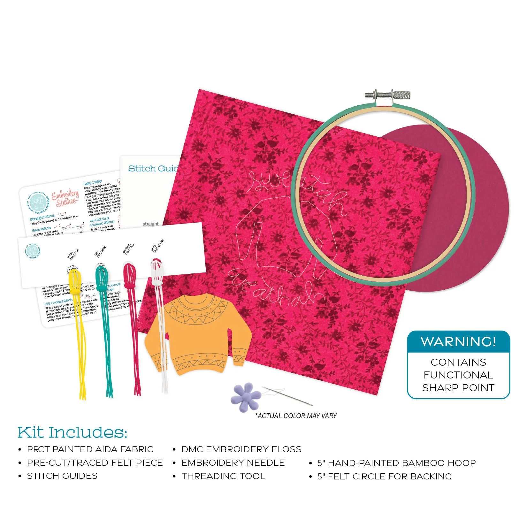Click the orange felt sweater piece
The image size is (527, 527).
[x=192, y=339]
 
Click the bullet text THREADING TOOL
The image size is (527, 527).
[x=223, y=476]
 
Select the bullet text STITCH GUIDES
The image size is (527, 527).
[x=62, y=476]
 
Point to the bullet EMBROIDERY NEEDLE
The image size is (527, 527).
[x=233, y=462]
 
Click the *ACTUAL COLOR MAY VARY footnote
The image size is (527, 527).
[x=296, y=416]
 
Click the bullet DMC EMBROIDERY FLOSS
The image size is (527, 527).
[x=241, y=449]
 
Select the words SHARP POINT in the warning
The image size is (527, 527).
[x=458, y=388]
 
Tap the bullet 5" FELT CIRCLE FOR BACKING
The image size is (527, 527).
[x=385, y=476]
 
